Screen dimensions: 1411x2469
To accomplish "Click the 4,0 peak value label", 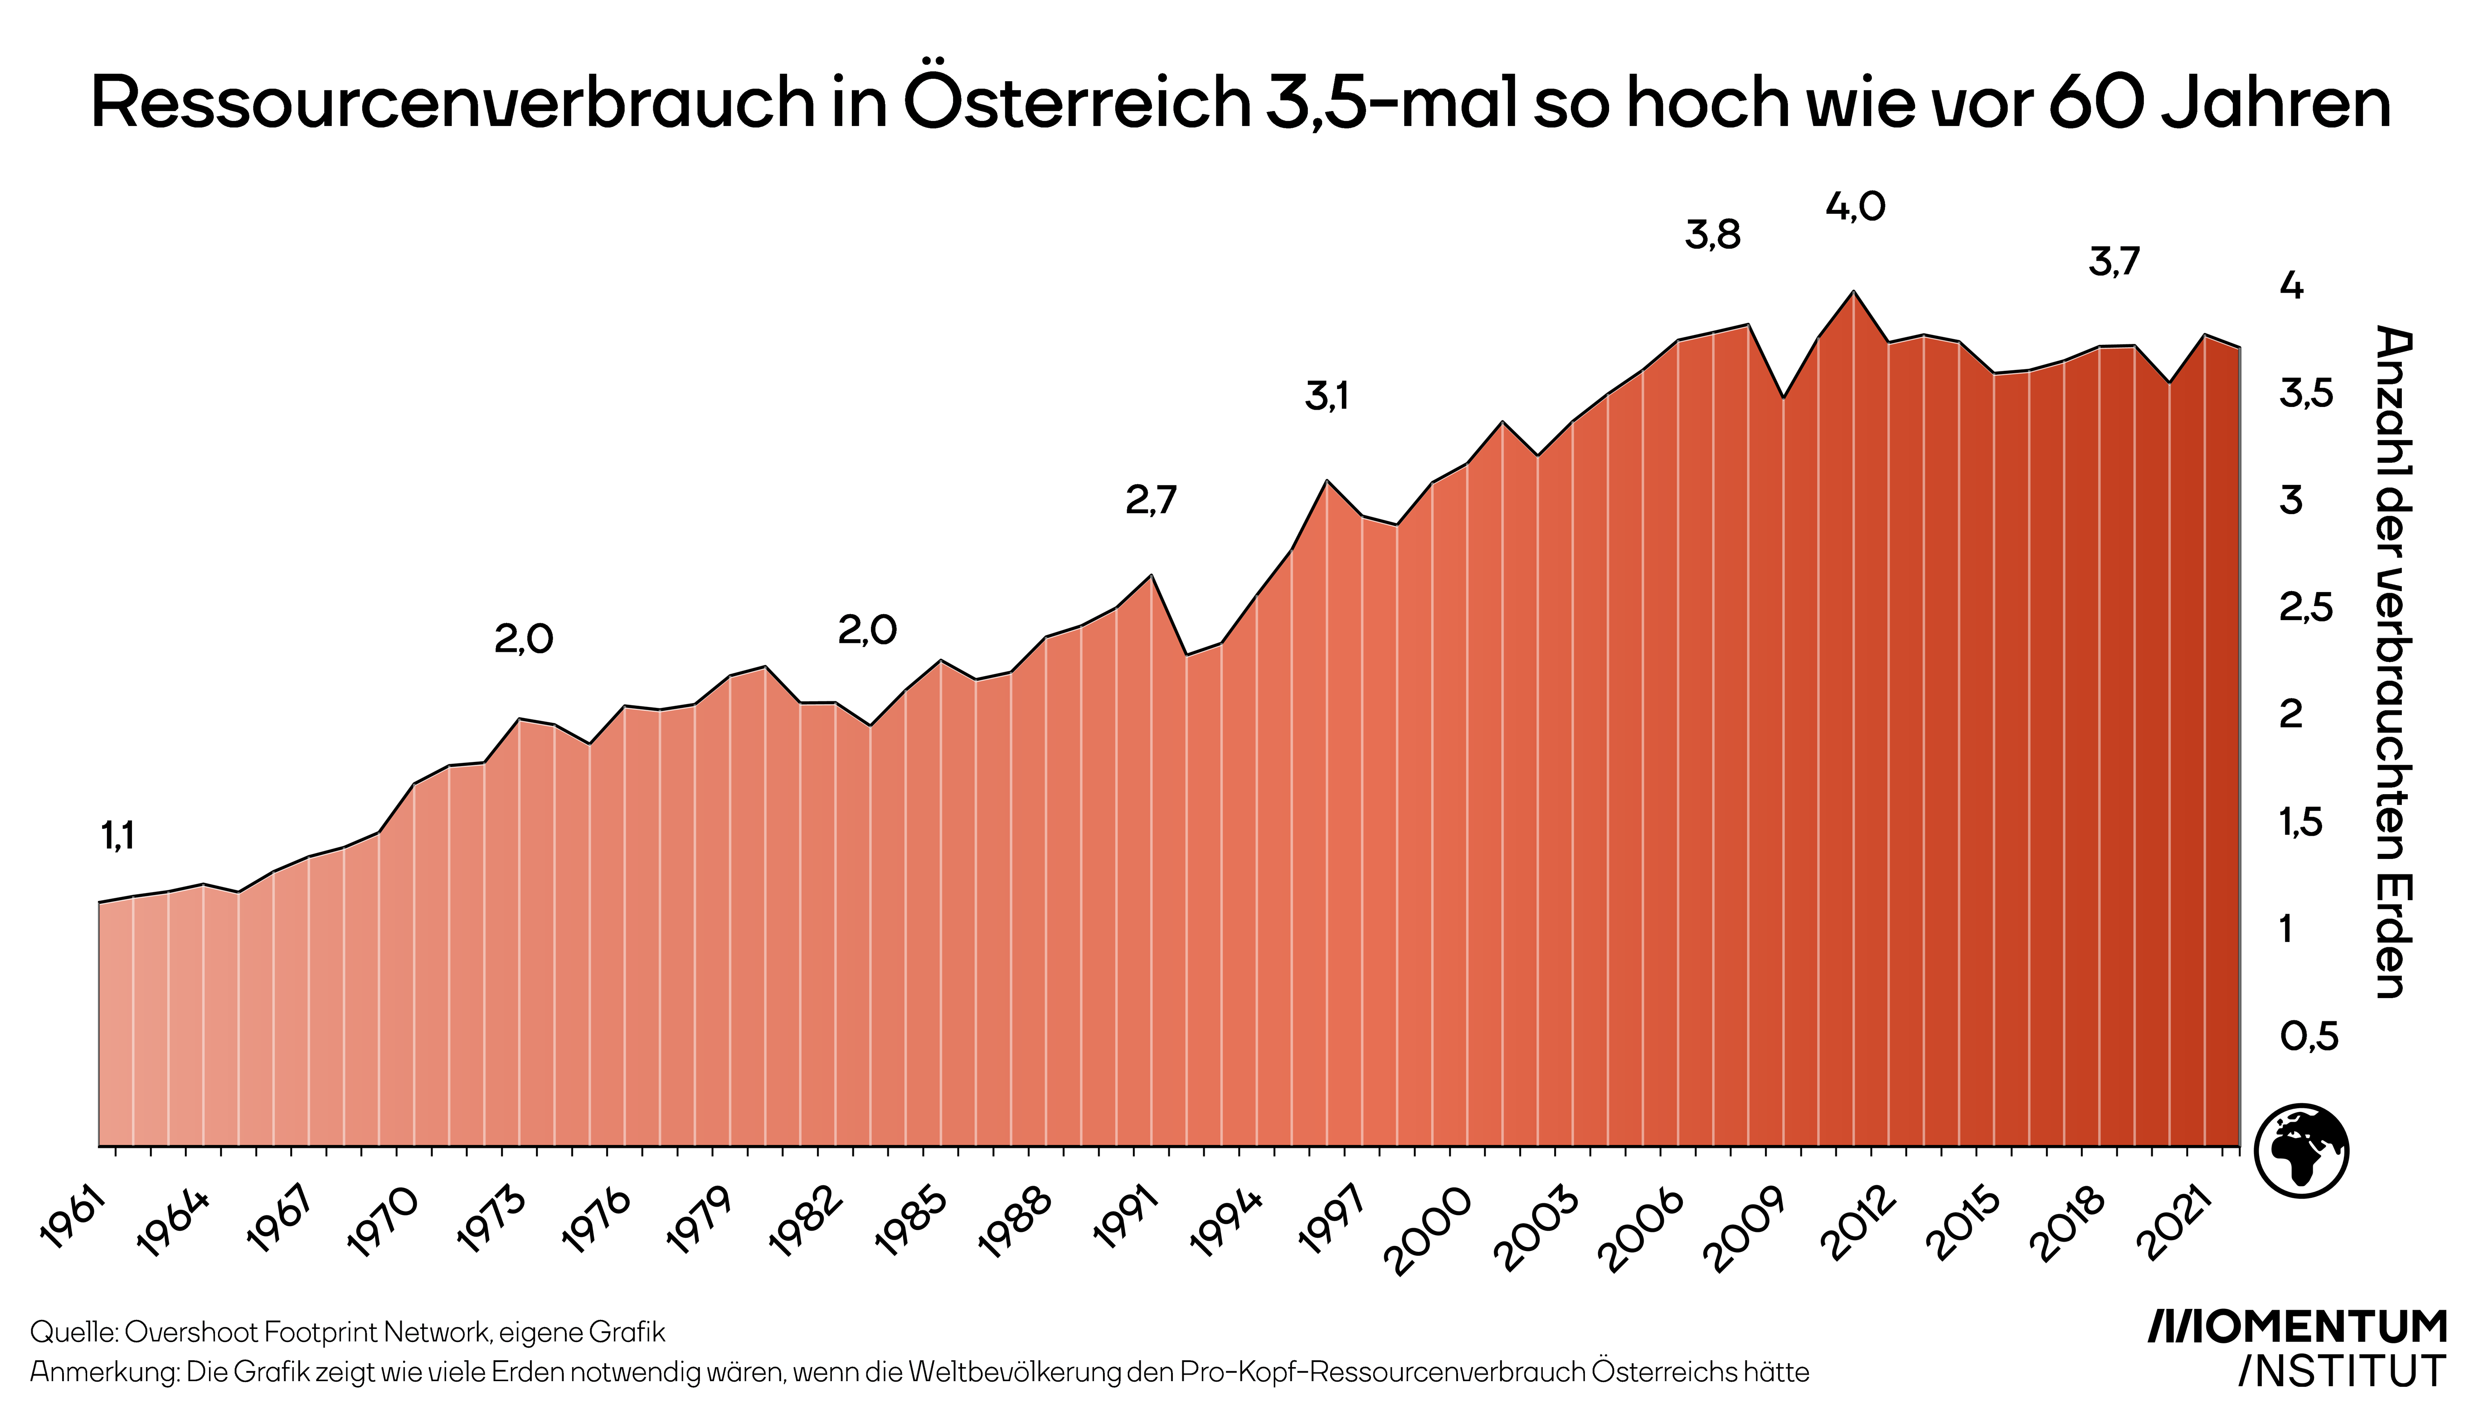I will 1855,206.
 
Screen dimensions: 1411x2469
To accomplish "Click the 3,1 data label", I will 1326,396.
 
